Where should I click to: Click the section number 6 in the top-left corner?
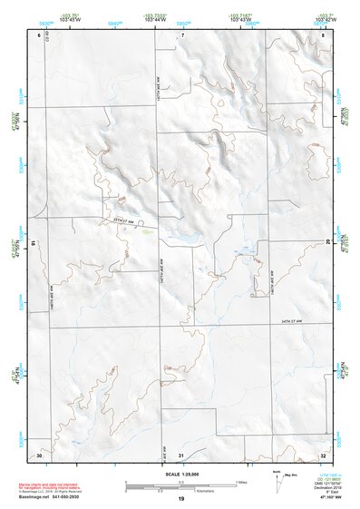[39, 34]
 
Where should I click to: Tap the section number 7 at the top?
[182, 34]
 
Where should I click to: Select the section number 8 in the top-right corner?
[324, 34]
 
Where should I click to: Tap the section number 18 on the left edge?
[34, 242]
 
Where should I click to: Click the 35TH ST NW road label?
[124, 220]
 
